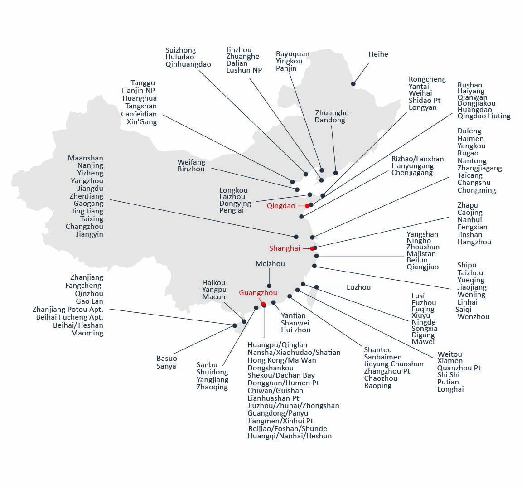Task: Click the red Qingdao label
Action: [x=280, y=206]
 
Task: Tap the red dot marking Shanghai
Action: [x=312, y=248]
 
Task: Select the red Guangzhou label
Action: [x=258, y=293]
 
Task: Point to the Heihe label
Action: [x=378, y=54]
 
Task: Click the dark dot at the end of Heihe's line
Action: [x=353, y=84]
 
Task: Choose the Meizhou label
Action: [x=270, y=264]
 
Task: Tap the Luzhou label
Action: [x=358, y=287]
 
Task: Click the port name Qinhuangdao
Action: [x=188, y=64]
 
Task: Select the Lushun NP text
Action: [x=244, y=70]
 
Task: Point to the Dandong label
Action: [x=330, y=121]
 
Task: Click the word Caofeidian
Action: [x=139, y=114]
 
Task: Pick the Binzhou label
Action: [x=191, y=169]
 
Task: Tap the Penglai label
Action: [x=232, y=210]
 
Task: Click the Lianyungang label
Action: [x=412, y=166]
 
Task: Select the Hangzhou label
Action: [x=474, y=242]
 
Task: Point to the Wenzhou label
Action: [x=473, y=317]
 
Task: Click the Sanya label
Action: [x=166, y=366]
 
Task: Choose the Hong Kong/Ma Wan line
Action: [x=282, y=360]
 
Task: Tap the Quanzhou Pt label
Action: [x=459, y=368]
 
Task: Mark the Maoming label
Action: [x=87, y=333]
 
